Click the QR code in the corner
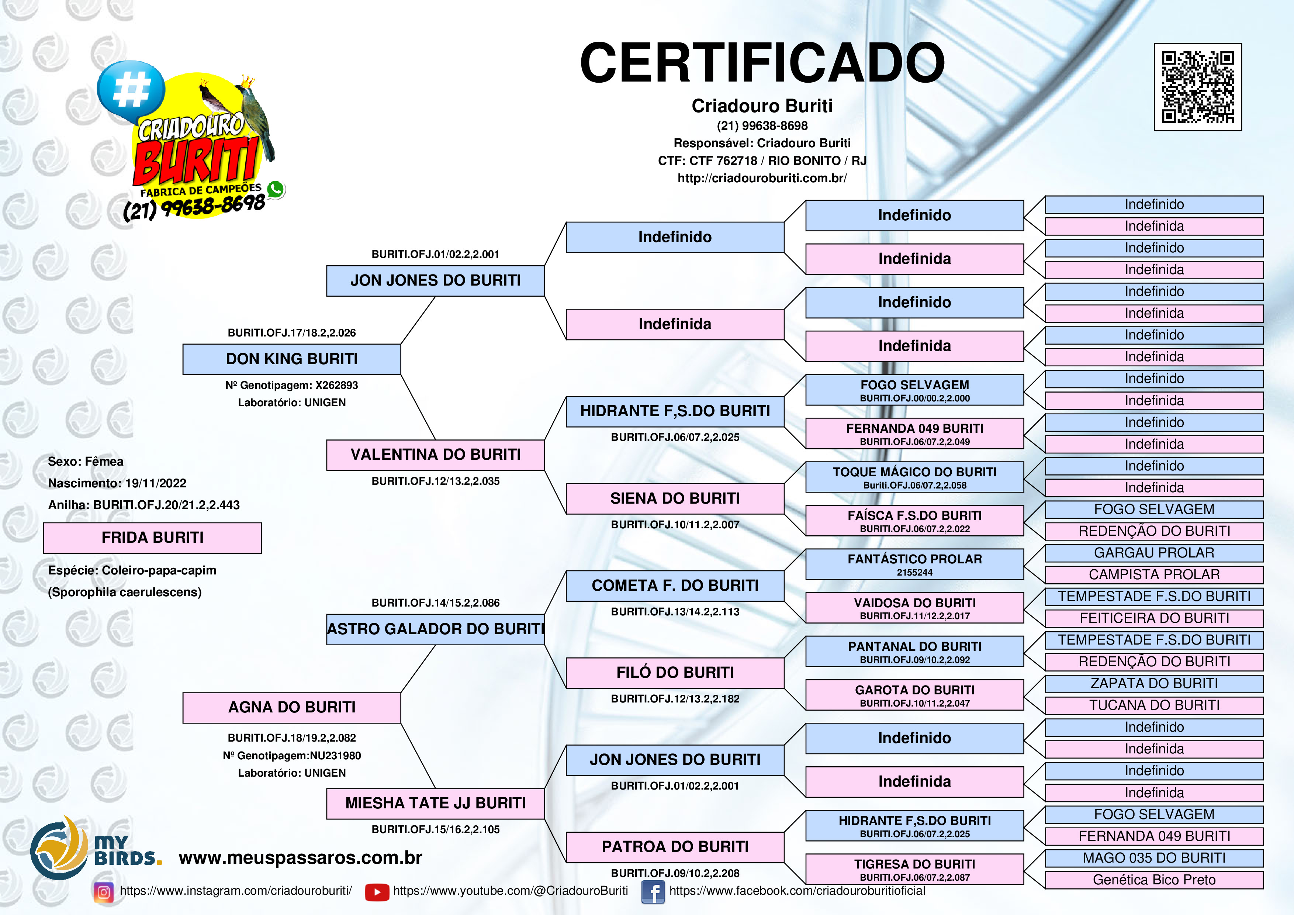(1198, 87)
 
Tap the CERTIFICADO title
(762, 63)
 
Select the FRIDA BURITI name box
(152, 538)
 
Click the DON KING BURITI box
(291, 359)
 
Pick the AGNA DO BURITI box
(291, 708)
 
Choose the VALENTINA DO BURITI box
(435, 455)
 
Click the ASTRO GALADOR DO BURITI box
(435, 629)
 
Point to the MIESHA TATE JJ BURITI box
(435, 803)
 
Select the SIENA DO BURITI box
(675, 498)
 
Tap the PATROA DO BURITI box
(675, 847)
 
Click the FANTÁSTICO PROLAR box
(914, 564)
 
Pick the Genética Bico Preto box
(1154, 880)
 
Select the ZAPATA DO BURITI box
(1154, 683)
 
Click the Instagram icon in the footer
(104, 892)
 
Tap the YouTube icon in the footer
(377, 892)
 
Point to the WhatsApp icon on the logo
(276, 189)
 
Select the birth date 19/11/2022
(156, 483)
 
